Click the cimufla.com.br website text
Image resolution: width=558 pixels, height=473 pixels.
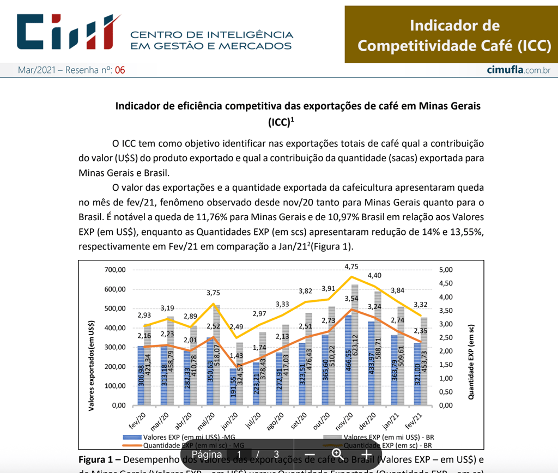[x=518, y=70]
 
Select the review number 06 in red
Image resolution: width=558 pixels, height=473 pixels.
[x=120, y=70]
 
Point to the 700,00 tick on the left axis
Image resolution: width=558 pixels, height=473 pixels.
[x=116, y=270]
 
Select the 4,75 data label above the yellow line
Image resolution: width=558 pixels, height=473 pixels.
[x=351, y=266]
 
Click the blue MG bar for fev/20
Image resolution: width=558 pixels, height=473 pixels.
[x=141, y=376]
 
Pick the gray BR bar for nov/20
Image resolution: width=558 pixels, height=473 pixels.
[x=355, y=345]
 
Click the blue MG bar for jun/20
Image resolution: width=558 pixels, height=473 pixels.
[x=233, y=387]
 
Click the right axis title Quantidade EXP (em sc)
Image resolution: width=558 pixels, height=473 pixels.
[x=471, y=362]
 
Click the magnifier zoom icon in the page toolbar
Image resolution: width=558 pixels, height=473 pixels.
[x=337, y=454]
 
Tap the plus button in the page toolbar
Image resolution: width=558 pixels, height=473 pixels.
[x=366, y=454]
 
